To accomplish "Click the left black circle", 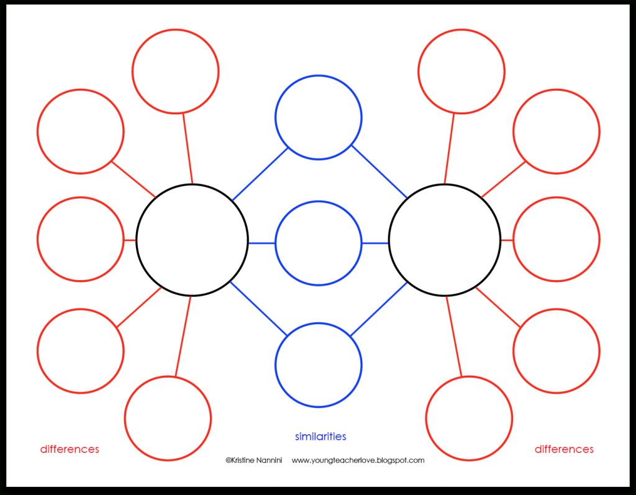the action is tap(192, 240).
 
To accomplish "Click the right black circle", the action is tap(444, 240).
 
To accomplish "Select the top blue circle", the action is tap(318, 117).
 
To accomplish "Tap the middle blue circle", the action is tap(318, 242).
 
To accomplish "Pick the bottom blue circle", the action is tap(318, 365).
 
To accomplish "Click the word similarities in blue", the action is tap(320, 437).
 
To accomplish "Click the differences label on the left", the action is tap(70, 449).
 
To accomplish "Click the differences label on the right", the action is tap(564, 449).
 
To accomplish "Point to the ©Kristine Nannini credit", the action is tap(254, 460).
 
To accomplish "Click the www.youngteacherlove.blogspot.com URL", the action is tap(358, 460).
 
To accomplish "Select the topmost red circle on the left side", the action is tap(176, 71).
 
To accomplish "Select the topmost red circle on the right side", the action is tap(461, 71).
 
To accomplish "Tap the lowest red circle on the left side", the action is tap(168, 418).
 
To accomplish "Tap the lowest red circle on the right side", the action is tap(470, 418).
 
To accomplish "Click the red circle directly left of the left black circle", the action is tap(80, 239).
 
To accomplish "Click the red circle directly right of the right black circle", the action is tap(556, 239).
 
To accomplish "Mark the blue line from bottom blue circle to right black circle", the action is tap(378, 309).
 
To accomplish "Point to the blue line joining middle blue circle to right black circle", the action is tap(375, 243).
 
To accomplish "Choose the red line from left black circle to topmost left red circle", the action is tap(187, 148).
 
